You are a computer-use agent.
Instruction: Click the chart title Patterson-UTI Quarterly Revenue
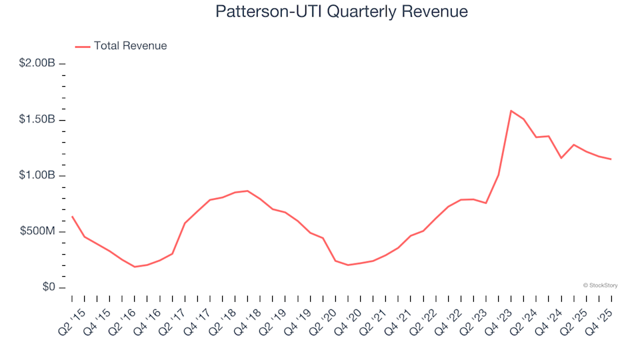(341, 12)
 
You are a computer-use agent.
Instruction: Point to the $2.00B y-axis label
(37, 63)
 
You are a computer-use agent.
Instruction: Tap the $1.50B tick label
(37, 120)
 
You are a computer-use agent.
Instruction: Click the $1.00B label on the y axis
(37, 176)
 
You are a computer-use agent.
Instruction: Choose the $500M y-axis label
(37, 232)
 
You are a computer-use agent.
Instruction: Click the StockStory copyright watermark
(600, 285)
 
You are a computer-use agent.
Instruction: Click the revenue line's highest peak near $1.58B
(511, 111)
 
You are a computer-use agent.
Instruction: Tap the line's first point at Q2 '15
(72, 216)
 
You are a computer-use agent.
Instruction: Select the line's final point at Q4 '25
(611, 159)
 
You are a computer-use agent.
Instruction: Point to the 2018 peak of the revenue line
(247, 191)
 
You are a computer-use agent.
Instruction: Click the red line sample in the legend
(82, 47)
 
